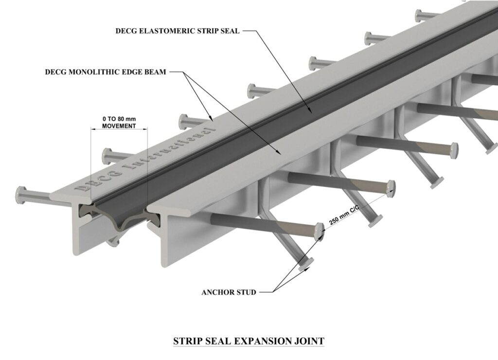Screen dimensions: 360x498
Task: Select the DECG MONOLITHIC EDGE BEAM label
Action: (106, 72)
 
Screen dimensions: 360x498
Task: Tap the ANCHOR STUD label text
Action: (228, 292)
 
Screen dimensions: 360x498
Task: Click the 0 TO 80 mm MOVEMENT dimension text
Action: (119, 122)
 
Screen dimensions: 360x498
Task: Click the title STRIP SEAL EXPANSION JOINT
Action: (249, 341)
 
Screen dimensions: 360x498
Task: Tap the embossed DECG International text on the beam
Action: (146, 161)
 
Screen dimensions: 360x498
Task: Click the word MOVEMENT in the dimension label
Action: (119, 125)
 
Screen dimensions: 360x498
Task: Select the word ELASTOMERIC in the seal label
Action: (171, 31)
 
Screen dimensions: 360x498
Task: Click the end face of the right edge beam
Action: (168, 238)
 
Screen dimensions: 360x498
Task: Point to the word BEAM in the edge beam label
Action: (156, 72)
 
